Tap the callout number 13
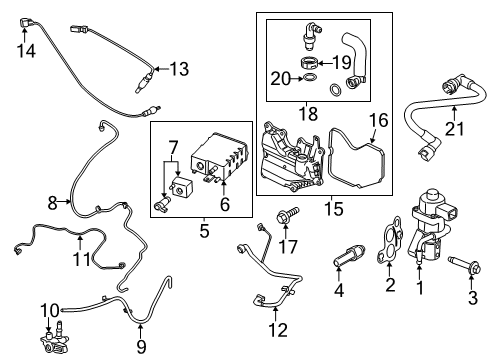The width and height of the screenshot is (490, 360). [x=179, y=68]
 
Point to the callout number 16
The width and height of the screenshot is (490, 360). [x=378, y=121]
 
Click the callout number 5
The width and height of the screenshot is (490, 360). [x=205, y=232]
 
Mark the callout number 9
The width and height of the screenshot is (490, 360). [x=139, y=346]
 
